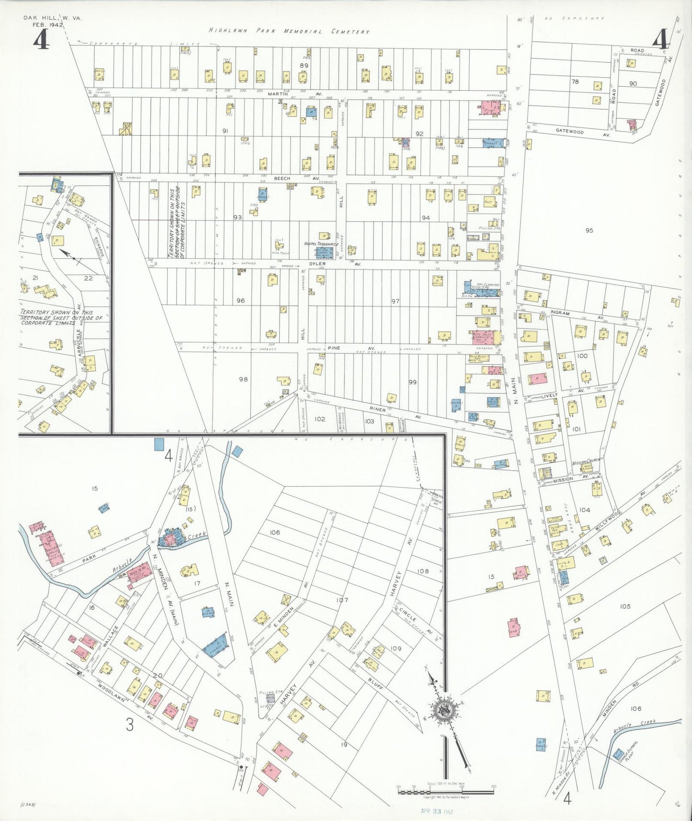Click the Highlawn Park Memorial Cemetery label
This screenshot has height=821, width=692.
289,31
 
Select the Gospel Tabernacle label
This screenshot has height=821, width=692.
321,244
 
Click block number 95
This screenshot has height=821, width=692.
589,230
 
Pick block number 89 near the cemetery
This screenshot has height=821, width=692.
304,66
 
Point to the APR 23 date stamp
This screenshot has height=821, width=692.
436,811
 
